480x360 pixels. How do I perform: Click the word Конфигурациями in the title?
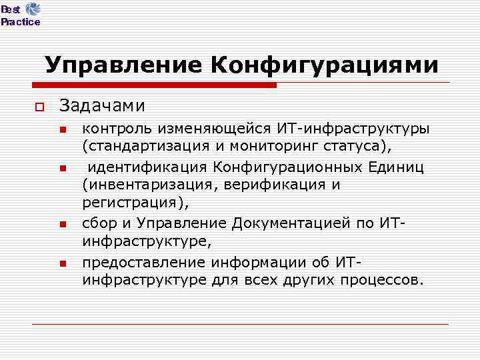(x=325, y=65)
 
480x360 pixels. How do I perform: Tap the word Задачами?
(x=102, y=105)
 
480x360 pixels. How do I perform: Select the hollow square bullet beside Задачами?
(x=39, y=107)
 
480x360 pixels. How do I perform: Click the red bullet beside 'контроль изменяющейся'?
(x=63, y=129)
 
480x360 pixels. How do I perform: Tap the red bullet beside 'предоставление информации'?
(x=63, y=264)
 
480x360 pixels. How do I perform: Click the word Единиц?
(x=400, y=166)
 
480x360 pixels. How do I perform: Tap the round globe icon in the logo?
(x=32, y=9)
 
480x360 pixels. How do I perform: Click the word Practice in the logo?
(x=20, y=22)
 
